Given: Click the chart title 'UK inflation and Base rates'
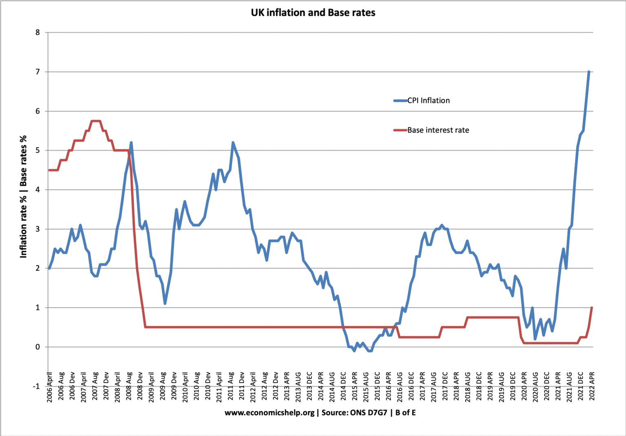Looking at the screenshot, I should (x=313, y=13).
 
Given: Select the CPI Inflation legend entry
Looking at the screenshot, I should (x=428, y=100).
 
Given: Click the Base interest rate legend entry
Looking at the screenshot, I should (x=438, y=130).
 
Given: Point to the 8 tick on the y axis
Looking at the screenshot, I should (x=38, y=33).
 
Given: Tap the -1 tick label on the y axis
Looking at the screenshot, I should (x=37, y=386).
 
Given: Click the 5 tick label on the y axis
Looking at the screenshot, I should (x=38, y=150).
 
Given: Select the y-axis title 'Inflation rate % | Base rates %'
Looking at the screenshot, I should (x=23, y=196).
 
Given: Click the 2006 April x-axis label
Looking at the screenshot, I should (x=50, y=387).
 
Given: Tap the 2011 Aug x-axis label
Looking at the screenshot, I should (x=231, y=387).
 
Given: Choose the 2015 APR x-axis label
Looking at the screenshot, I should (x=355, y=387).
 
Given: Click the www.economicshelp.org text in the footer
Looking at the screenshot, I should (x=269, y=413).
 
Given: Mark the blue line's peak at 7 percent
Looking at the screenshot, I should (x=589, y=72).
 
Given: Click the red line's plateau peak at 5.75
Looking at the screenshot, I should (x=95, y=121).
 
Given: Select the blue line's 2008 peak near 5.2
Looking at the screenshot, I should (x=131, y=143).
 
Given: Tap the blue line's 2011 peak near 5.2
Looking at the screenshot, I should (x=233, y=143).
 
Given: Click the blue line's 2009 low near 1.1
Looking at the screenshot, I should (x=165, y=303).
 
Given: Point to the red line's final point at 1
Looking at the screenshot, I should (x=592, y=308).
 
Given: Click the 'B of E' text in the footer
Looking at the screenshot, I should (x=406, y=413).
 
